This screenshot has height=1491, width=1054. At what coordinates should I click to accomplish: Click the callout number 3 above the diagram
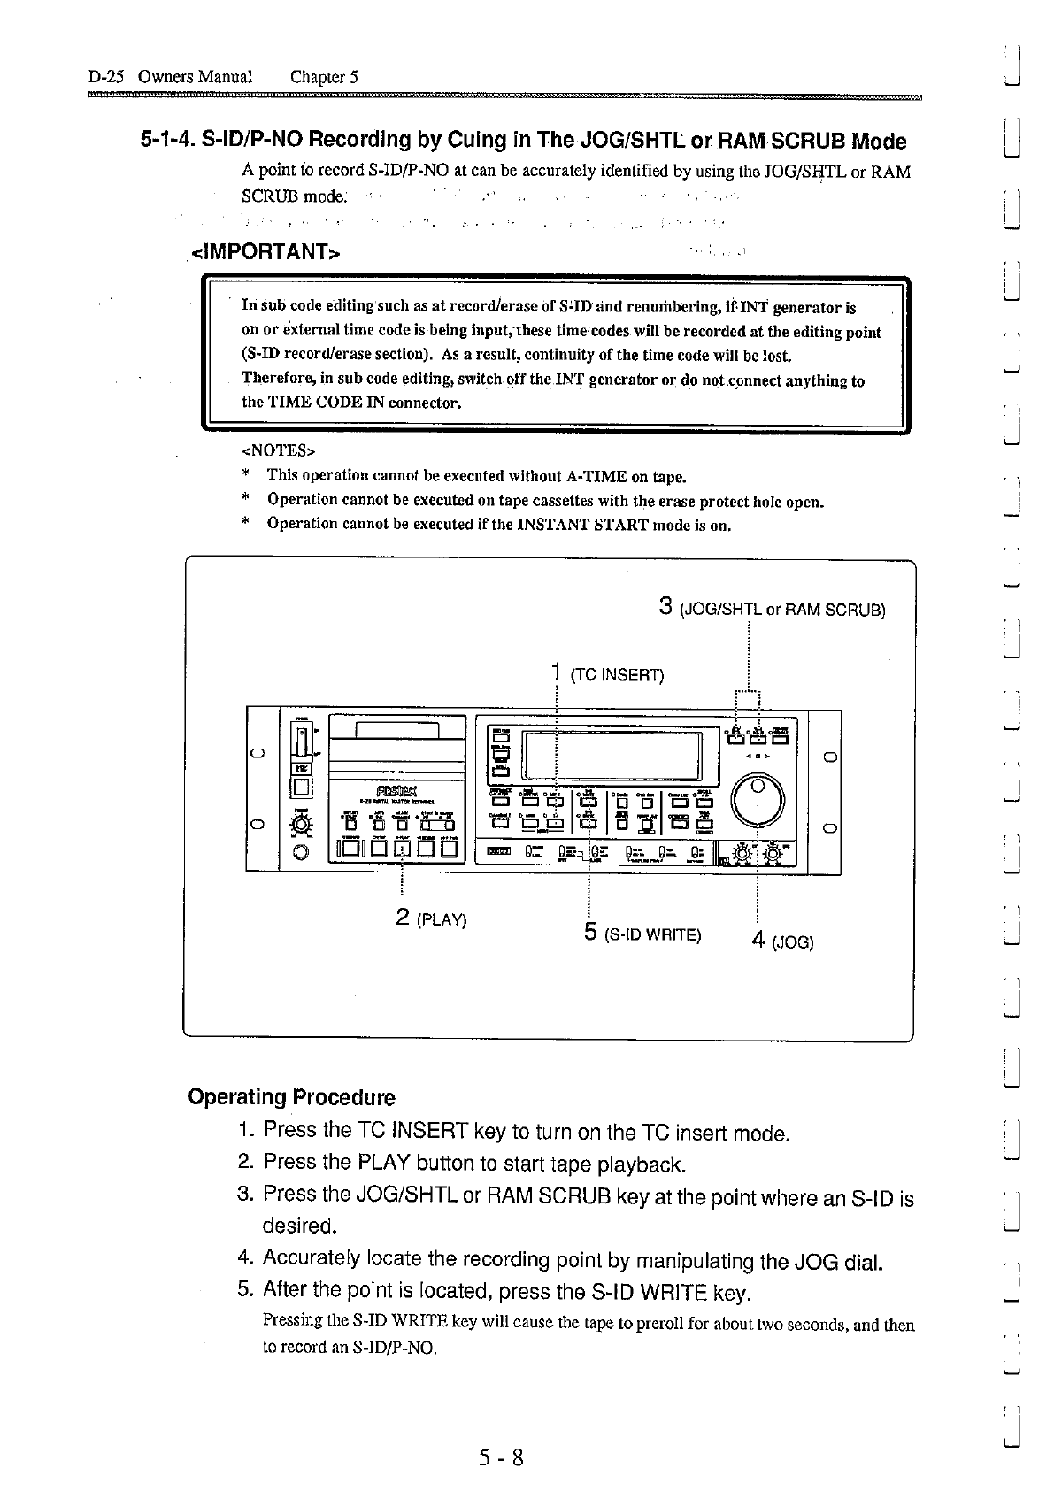666,607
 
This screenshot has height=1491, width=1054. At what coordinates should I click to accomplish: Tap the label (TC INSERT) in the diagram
617,676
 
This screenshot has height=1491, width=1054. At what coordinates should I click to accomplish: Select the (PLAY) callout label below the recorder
441,918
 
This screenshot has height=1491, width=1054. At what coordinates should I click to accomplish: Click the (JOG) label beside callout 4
792,942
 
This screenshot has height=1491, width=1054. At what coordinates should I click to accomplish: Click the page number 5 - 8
502,1456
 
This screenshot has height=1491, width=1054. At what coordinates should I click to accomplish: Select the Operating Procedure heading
291,1097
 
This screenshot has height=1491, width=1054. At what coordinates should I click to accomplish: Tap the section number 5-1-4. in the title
167,141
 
